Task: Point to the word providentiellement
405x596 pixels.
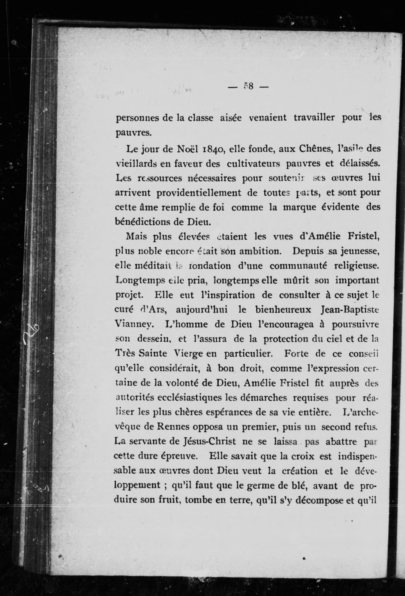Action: [x=199, y=193]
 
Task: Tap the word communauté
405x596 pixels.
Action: [x=299, y=266]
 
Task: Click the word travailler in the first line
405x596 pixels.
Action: [x=314, y=117]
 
